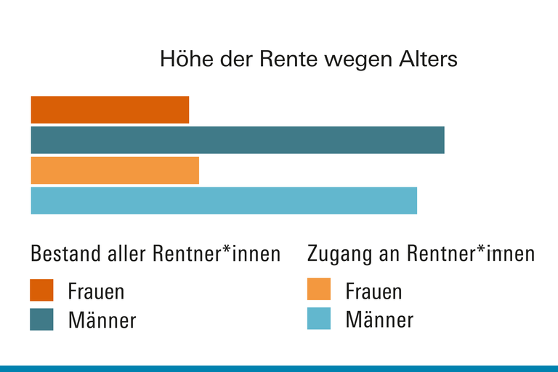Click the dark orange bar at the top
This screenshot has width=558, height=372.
110,110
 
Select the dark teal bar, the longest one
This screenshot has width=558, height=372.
238,140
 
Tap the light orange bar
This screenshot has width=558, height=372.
115,171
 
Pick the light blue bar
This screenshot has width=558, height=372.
224,201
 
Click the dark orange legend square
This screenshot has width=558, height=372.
41,290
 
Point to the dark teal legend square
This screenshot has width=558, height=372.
41,319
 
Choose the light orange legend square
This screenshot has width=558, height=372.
319,289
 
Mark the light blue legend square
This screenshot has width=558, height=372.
319,318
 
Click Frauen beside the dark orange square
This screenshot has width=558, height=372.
96,291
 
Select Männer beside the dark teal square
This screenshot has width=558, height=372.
102,320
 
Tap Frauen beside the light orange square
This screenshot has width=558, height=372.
373,291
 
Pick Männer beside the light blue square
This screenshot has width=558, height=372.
379,320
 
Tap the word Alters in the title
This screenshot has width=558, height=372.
428,59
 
